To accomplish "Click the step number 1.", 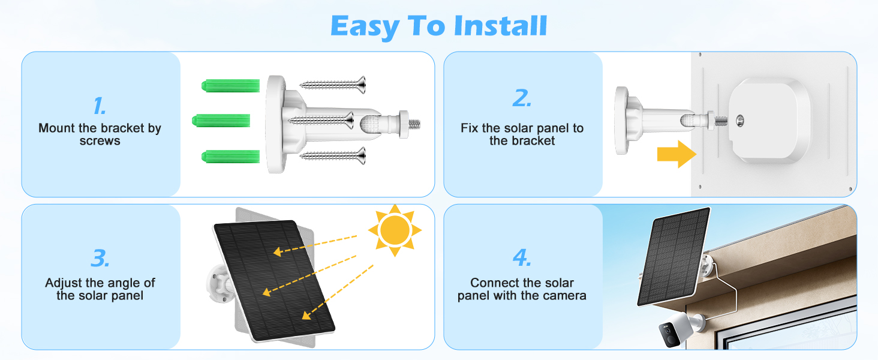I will pos(100,106).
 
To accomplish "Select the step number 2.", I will pos(522,98).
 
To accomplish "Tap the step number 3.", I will pos(100,258).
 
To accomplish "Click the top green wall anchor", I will pos(231,85).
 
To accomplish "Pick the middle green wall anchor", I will pos(220,120).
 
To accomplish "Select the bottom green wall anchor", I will pos(231,157).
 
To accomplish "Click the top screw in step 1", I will pos(333,85).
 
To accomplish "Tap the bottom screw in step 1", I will pos(333,157).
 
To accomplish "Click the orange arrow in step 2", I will pos(677,154).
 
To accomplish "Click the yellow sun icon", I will pos(395,230).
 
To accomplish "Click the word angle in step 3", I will pos(123,283).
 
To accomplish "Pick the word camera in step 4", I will pos(563,295).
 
